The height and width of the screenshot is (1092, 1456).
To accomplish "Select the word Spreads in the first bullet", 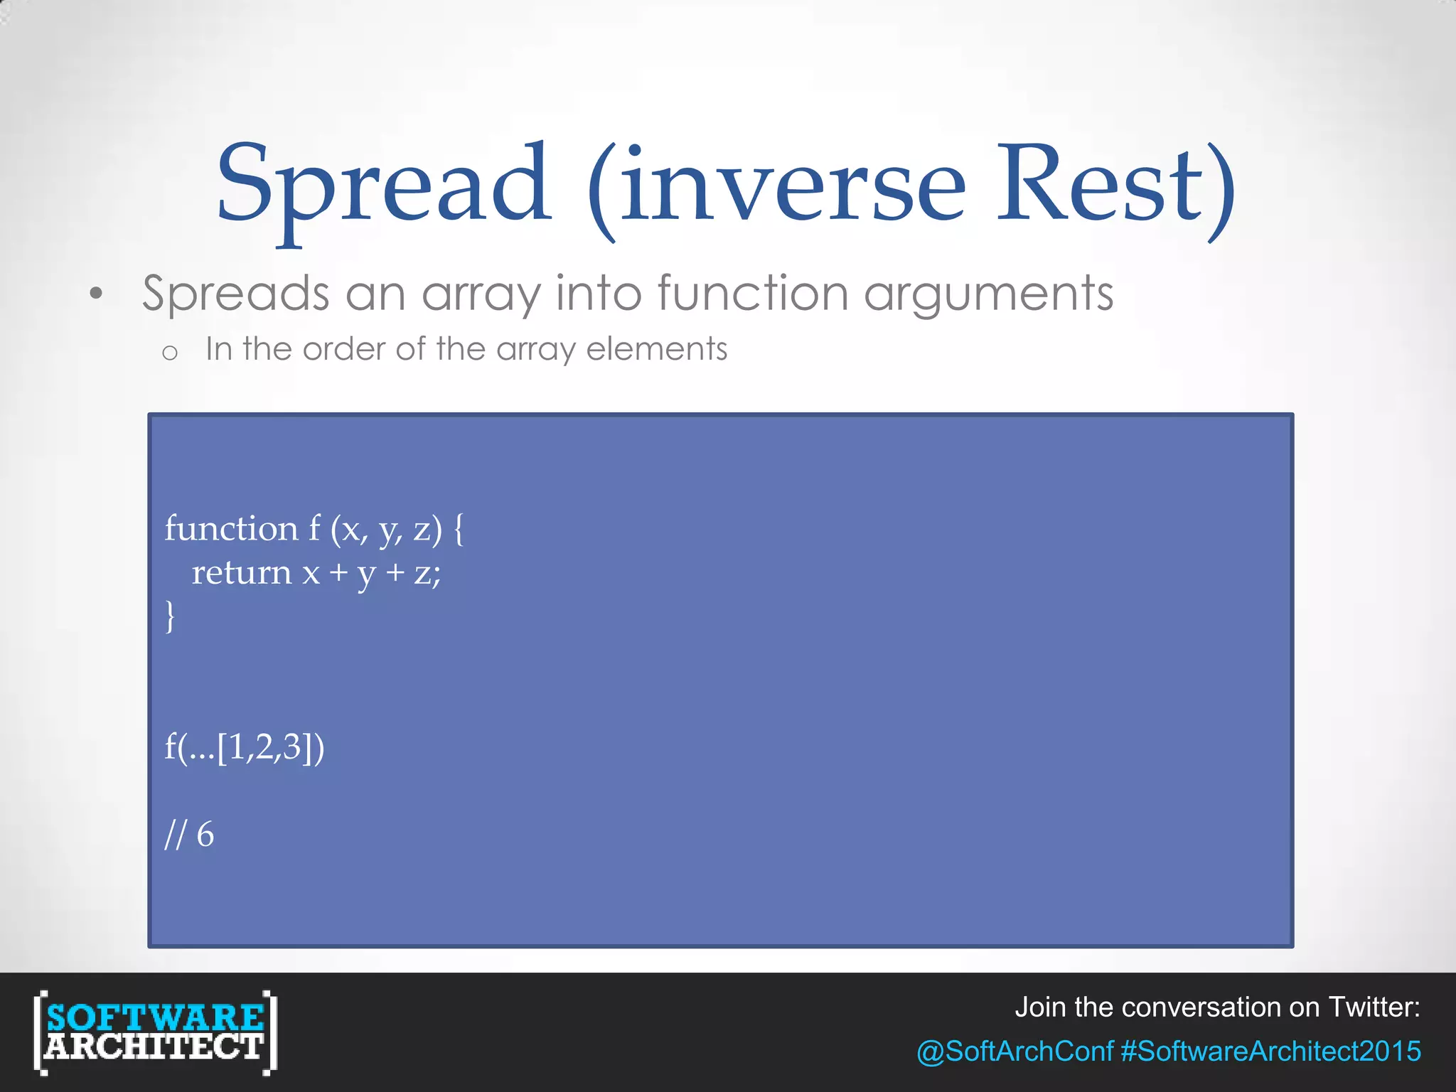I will tap(235, 294).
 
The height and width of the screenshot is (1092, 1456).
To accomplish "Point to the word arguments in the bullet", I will tap(988, 294).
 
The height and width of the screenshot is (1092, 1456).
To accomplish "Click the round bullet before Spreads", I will tap(96, 294).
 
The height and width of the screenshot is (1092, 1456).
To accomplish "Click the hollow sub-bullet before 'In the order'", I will tap(169, 352).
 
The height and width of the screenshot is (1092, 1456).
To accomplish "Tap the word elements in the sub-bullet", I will tap(656, 349).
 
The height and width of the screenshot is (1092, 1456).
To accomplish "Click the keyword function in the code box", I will tap(232, 529).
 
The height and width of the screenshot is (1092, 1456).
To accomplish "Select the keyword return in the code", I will tap(242, 573).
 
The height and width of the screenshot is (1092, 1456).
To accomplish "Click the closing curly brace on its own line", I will tap(170, 616).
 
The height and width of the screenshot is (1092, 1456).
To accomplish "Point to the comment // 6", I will tap(189, 835).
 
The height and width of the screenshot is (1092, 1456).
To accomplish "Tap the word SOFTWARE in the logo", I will tap(155, 1017).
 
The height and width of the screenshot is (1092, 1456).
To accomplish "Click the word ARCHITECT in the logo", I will tap(154, 1047).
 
